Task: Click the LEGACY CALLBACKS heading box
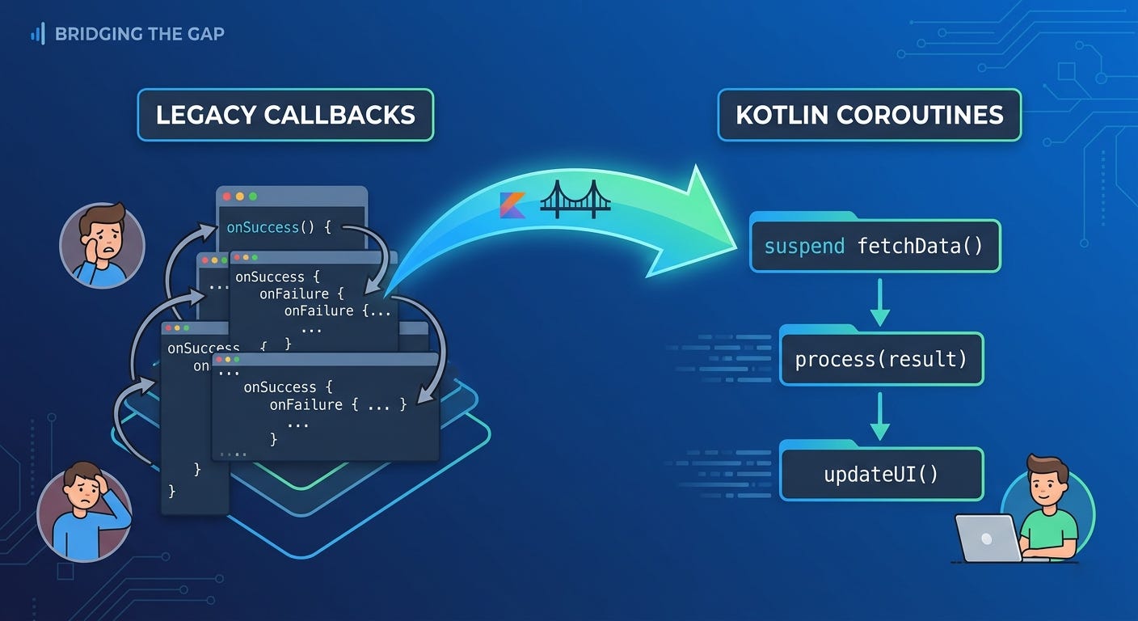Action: pos(285,115)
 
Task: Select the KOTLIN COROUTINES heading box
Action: pos(869,115)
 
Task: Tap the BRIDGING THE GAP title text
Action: pos(139,34)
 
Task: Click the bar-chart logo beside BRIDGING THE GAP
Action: pos(37,33)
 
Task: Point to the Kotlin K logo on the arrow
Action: pos(512,205)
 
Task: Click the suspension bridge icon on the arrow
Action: pos(575,200)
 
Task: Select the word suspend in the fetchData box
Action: pos(804,245)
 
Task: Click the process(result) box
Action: pos(881,359)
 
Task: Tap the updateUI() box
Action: pos(881,474)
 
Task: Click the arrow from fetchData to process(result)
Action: pos(879,303)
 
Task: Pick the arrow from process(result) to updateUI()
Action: pos(879,417)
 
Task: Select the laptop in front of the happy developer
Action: pos(988,538)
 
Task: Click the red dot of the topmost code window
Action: pos(227,196)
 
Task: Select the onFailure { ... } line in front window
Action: pos(338,404)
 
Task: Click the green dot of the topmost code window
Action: pos(253,196)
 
